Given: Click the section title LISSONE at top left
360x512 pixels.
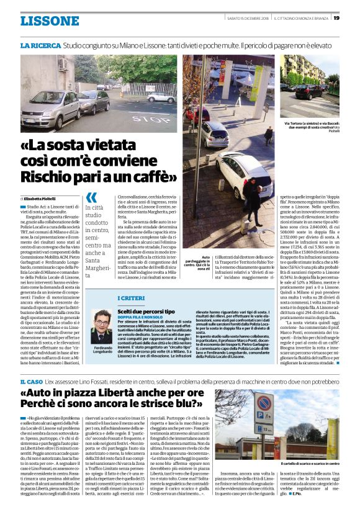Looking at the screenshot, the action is pyautogui.click(x=50, y=20).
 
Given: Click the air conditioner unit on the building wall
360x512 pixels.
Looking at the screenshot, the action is pyautogui.click(x=63, y=64).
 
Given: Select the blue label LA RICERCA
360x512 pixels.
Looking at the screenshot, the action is pyautogui.click(x=40, y=46).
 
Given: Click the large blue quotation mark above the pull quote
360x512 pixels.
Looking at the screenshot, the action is pyautogui.click(x=91, y=198).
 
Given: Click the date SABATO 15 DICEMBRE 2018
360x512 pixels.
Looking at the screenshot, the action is pyautogui.click(x=246, y=17).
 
